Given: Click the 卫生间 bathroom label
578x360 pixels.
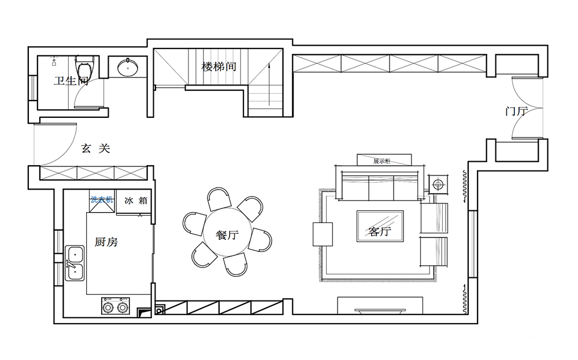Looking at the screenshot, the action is (71, 81).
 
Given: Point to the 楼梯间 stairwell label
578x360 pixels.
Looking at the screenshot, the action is (218, 66).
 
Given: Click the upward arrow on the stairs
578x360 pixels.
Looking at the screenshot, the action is (269, 84).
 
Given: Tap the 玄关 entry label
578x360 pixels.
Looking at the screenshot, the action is (95, 149).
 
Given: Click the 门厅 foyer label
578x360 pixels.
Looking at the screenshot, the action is (516, 111).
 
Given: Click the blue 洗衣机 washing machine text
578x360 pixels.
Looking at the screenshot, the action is (102, 200).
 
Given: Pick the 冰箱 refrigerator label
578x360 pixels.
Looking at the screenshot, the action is (136, 201).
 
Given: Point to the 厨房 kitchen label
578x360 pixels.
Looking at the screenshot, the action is (106, 242).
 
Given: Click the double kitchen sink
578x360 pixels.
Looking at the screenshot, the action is (75, 263).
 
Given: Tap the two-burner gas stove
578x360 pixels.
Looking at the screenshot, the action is (115, 306).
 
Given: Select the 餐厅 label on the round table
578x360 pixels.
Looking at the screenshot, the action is (227, 235).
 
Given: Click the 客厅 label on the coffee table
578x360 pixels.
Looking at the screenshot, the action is (380, 231).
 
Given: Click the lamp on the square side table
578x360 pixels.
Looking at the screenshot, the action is (438, 184).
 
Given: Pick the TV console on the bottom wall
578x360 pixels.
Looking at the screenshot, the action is (380, 305).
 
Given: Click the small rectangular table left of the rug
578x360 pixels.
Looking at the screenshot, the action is (323, 234).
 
